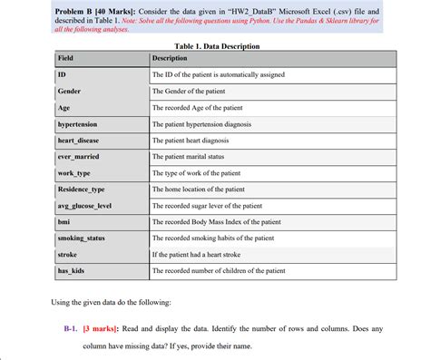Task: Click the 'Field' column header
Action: pyautogui.click(x=65, y=58)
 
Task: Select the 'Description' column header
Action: pyautogui.click(x=169, y=58)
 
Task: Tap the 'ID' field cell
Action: pyautogui.click(x=61, y=74)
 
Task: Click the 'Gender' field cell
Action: pyautogui.click(x=69, y=92)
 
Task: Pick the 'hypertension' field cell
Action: pyautogui.click(x=77, y=123)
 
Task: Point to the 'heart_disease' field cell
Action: pyautogui.click(x=79, y=140)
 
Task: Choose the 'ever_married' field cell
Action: pyautogui.click(x=78, y=156)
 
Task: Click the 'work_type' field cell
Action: pyautogui.click(x=73, y=172)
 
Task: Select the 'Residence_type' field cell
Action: pyautogui.click(x=81, y=189)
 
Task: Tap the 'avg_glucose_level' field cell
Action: pyautogui.click(x=83, y=206)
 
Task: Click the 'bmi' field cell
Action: pyautogui.click(x=64, y=221)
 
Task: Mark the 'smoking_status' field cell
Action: pyautogui.click(x=81, y=238)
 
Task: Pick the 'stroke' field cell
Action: pyautogui.click(x=66, y=255)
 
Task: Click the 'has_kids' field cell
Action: pyautogui.click(x=70, y=271)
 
